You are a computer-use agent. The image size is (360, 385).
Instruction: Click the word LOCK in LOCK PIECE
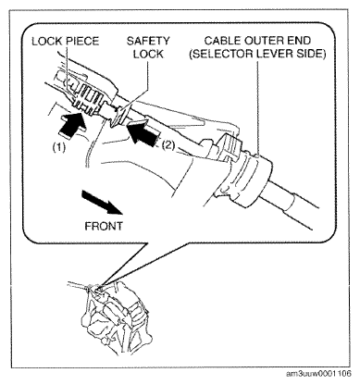tap(45, 41)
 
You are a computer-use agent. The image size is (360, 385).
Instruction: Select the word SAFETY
tap(148, 41)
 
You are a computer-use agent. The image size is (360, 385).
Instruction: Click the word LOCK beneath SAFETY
tap(148, 54)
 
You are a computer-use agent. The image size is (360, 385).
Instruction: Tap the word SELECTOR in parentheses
tap(221, 54)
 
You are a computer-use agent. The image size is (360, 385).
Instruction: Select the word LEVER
tap(276, 54)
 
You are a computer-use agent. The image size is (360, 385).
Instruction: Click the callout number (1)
tap(58, 147)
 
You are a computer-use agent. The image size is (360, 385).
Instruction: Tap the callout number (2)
tap(168, 144)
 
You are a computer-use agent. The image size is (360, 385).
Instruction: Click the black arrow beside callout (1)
tap(72, 124)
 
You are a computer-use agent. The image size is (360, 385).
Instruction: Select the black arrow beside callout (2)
tap(143, 133)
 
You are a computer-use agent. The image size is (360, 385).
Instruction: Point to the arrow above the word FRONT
tap(102, 202)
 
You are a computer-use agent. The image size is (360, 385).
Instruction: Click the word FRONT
tap(104, 226)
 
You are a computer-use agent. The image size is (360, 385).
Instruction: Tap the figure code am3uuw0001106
tap(318, 374)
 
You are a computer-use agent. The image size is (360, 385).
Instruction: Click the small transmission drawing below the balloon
tap(115, 317)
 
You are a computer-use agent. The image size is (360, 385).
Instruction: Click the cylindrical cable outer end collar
tap(252, 179)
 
